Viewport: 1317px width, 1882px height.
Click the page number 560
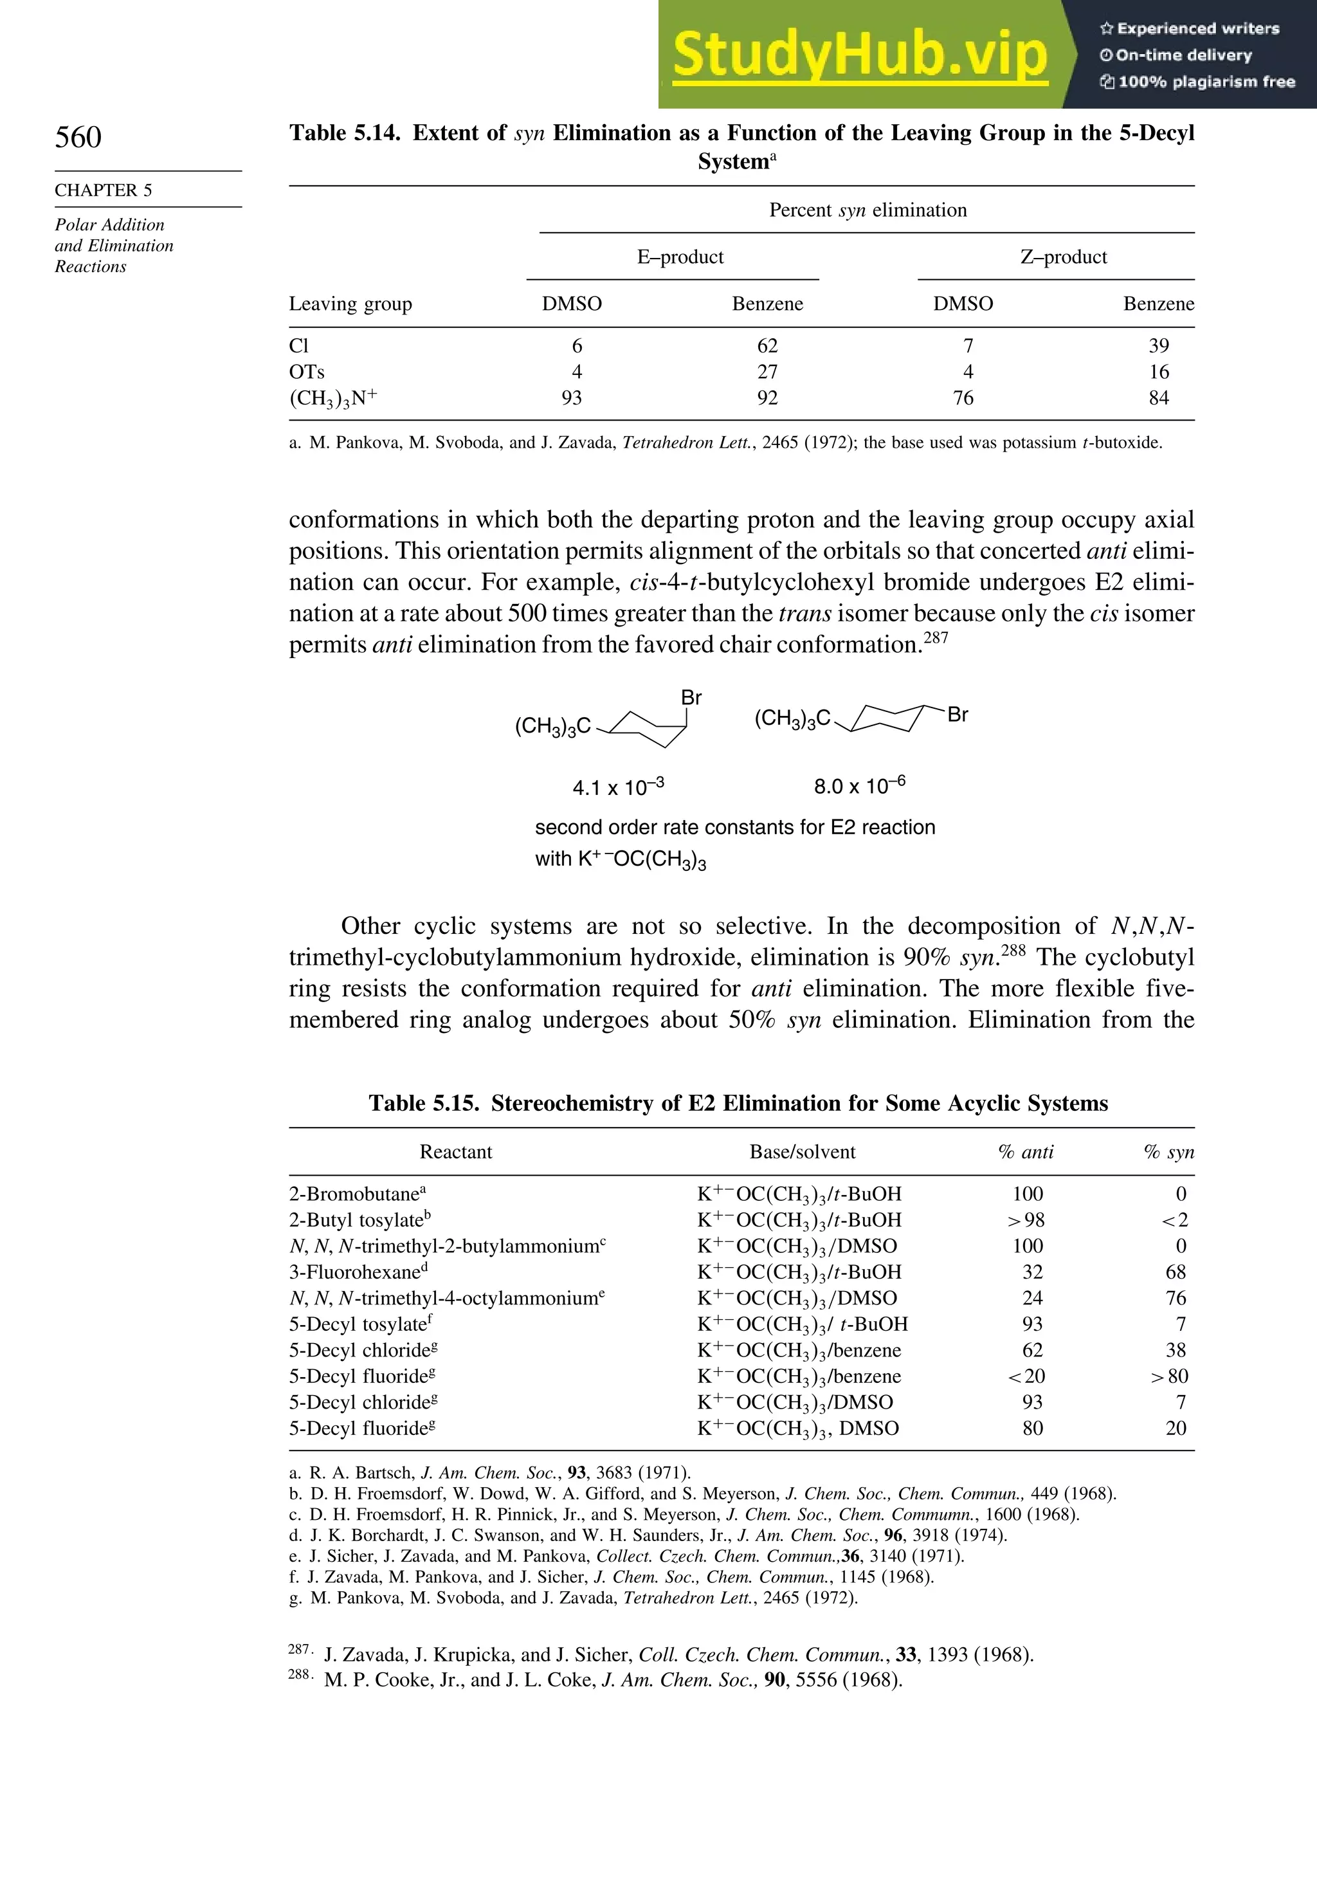tap(78, 137)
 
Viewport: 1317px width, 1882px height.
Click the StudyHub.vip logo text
tap(860, 54)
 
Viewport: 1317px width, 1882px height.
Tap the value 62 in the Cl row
tap(767, 346)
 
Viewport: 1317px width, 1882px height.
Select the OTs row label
tap(307, 372)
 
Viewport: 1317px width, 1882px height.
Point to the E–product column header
tap(680, 257)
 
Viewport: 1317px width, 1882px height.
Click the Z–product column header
tap(1063, 257)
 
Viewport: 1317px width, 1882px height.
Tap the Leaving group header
tap(350, 304)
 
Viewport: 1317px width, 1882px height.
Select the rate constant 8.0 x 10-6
tap(859, 786)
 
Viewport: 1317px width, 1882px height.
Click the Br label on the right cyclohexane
tap(958, 715)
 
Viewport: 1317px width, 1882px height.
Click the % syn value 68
tap(1176, 1272)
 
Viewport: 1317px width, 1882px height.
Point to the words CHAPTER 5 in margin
tap(104, 190)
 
